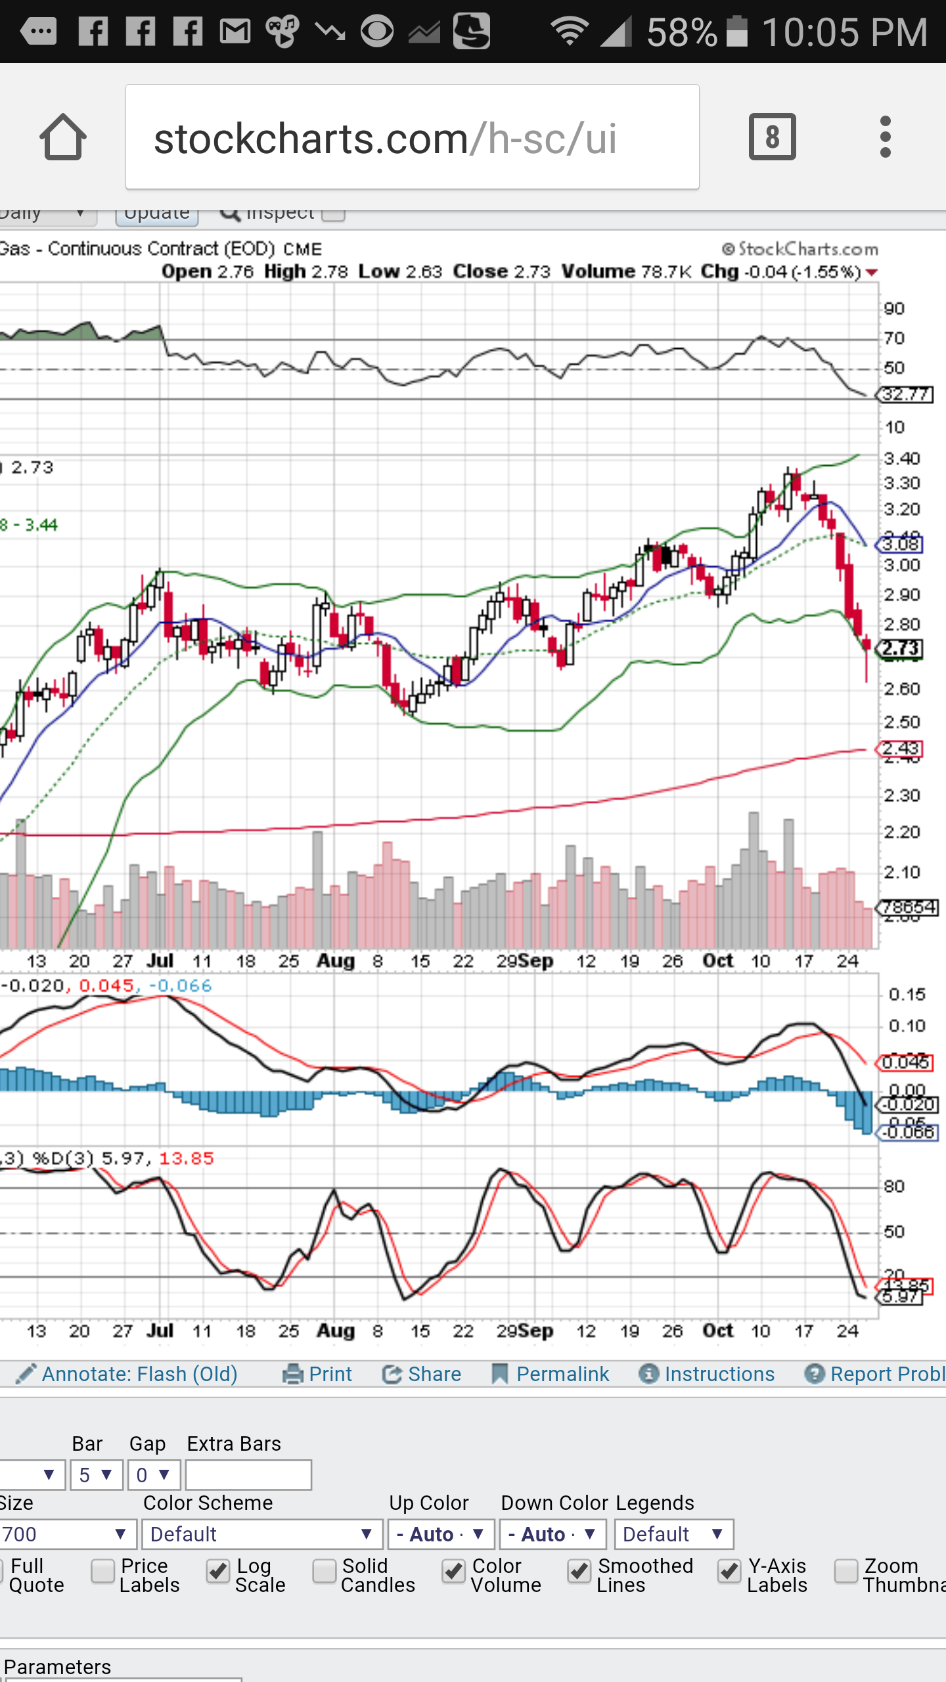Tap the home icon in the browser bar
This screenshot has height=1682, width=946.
point(63,137)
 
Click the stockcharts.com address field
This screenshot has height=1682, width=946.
point(412,137)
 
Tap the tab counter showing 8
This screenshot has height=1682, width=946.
point(772,137)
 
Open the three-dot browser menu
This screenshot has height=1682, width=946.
point(885,137)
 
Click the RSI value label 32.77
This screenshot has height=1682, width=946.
point(906,394)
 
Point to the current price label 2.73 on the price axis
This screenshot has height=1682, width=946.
point(901,648)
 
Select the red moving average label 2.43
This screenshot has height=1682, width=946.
point(901,748)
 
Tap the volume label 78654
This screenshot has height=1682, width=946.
point(909,907)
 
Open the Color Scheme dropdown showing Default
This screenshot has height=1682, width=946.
point(262,1534)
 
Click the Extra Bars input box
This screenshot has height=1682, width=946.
point(248,1475)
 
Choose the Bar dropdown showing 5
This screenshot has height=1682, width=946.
point(96,1475)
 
